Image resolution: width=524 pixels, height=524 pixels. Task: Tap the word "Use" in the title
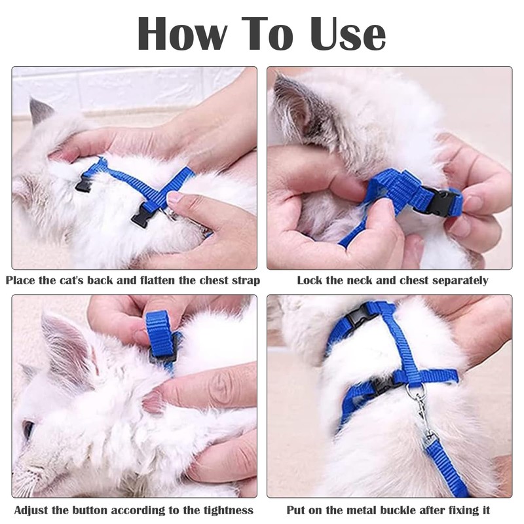coord(348,34)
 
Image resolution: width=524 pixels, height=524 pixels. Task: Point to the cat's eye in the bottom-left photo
coord(28,430)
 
